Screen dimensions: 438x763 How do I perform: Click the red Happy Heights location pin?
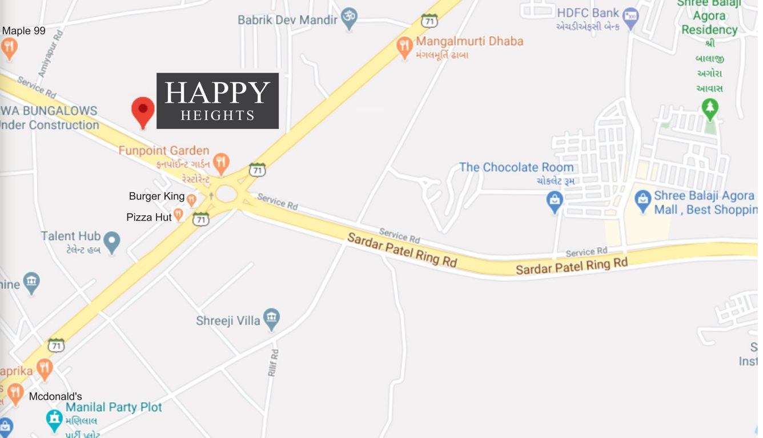[x=143, y=111]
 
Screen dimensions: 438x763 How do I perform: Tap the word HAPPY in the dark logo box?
[x=217, y=93]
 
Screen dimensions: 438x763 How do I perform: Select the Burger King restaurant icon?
[x=192, y=199]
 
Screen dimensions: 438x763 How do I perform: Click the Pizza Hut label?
[x=148, y=218]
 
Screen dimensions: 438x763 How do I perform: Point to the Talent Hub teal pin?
[x=112, y=242]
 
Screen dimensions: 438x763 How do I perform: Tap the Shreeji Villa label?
[x=228, y=320]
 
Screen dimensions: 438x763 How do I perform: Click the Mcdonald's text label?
[x=55, y=396]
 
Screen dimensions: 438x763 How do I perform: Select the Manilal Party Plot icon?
[x=54, y=420]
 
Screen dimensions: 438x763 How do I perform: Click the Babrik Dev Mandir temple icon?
[x=349, y=18]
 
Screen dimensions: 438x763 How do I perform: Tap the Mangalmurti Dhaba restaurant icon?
[x=404, y=47]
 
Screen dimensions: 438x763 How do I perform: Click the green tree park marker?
[x=710, y=109]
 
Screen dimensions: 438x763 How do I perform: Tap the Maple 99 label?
[x=24, y=31]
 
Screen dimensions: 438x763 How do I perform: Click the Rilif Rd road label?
[x=274, y=363]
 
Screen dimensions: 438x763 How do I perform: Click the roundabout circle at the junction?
[x=226, y=195]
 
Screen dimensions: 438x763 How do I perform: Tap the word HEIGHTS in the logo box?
[x=217, y=115]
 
